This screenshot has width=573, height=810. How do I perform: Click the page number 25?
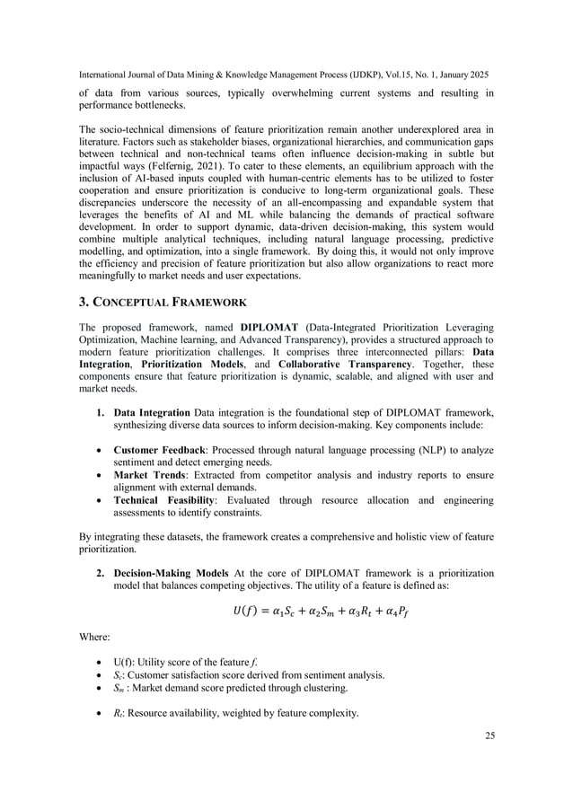(489, 735)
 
